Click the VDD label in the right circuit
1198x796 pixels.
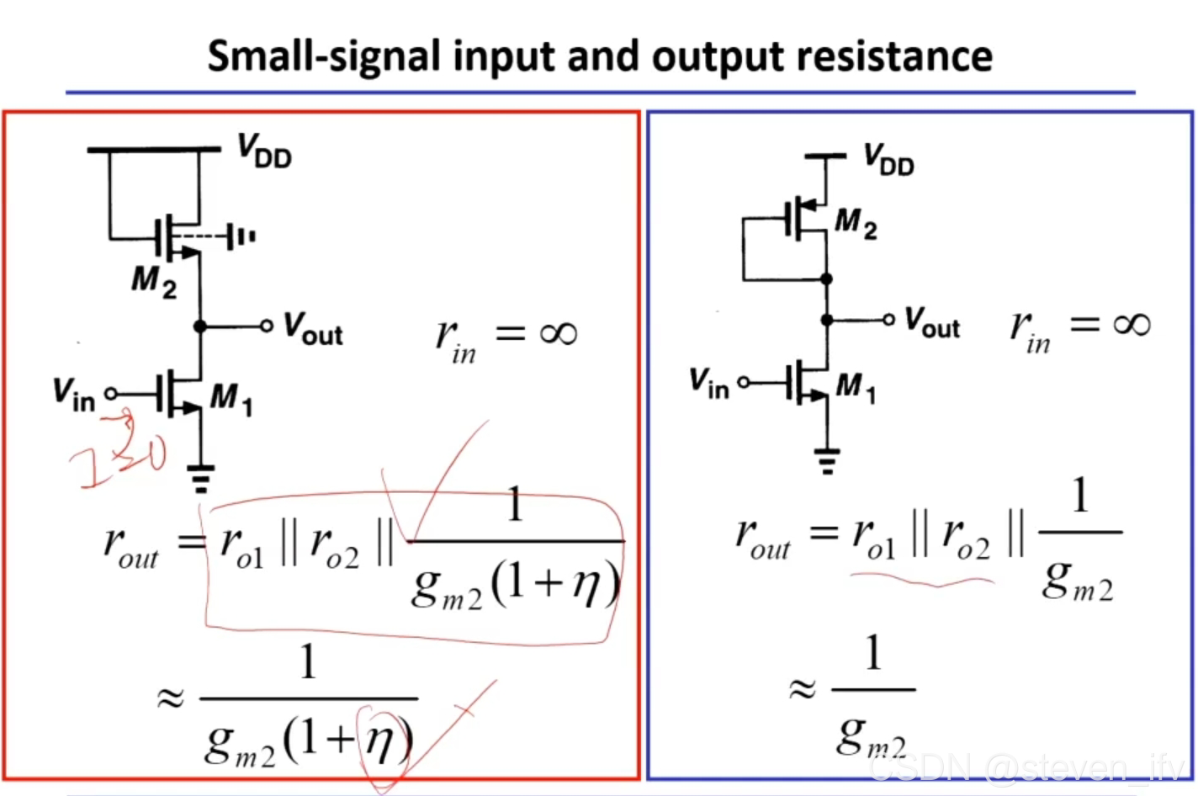[888, 159]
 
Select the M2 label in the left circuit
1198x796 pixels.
[154, 281]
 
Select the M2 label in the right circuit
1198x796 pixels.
[856, 223]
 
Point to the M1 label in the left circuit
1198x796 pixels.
[231, 397]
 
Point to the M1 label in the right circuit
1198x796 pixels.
[856, 387]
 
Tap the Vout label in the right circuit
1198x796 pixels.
[931, 322]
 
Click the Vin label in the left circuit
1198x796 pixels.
[73, 394]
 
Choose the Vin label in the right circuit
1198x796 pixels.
[708, 383]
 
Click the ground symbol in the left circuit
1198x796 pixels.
[200, 478]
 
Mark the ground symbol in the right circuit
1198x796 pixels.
[827, 460]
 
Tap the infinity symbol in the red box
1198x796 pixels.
[559, 334]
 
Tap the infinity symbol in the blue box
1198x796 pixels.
[1131, 324]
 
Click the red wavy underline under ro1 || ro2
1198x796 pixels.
[921, 579]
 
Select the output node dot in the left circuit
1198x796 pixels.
[199, 326]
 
